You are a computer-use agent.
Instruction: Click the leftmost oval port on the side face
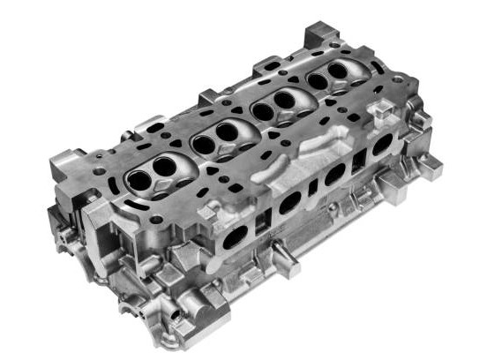coord(236,236)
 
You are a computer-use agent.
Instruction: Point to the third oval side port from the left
coord(335,175)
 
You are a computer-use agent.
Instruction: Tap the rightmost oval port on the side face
coord(381,146)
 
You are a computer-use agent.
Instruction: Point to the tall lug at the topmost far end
coord(315,37)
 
